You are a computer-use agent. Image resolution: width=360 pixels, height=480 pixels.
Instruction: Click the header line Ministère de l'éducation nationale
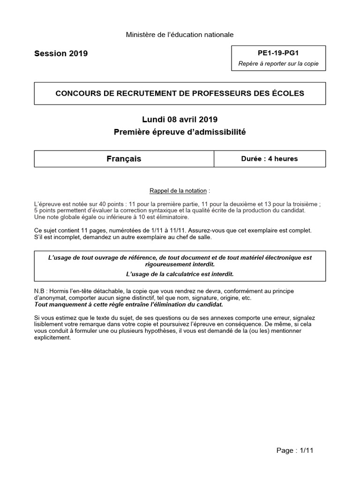(x=180, y=34)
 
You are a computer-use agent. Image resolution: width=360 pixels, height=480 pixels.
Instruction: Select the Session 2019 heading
(x=61, y=53)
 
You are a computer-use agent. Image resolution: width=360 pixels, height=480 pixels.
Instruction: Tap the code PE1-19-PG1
(x=278, y=53)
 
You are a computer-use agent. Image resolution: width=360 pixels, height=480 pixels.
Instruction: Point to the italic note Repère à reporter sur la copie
(x=278, y=64)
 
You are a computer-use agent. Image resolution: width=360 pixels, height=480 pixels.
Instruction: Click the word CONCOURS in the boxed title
(x=75, y=93)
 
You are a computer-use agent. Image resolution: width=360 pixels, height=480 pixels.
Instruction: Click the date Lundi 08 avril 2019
(x=180, y=120)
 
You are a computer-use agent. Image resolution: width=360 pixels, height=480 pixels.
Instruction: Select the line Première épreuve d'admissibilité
(x=180, y=132)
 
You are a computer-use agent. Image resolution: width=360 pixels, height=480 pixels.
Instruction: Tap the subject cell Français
(x=124, y=159)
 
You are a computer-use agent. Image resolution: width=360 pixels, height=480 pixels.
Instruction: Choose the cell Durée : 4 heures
(x=270, y=159)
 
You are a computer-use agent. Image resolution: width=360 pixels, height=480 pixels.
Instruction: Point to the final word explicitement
(x=52, y=337)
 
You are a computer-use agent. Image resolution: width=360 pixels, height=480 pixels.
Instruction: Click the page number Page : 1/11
(x=294, y=450)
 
